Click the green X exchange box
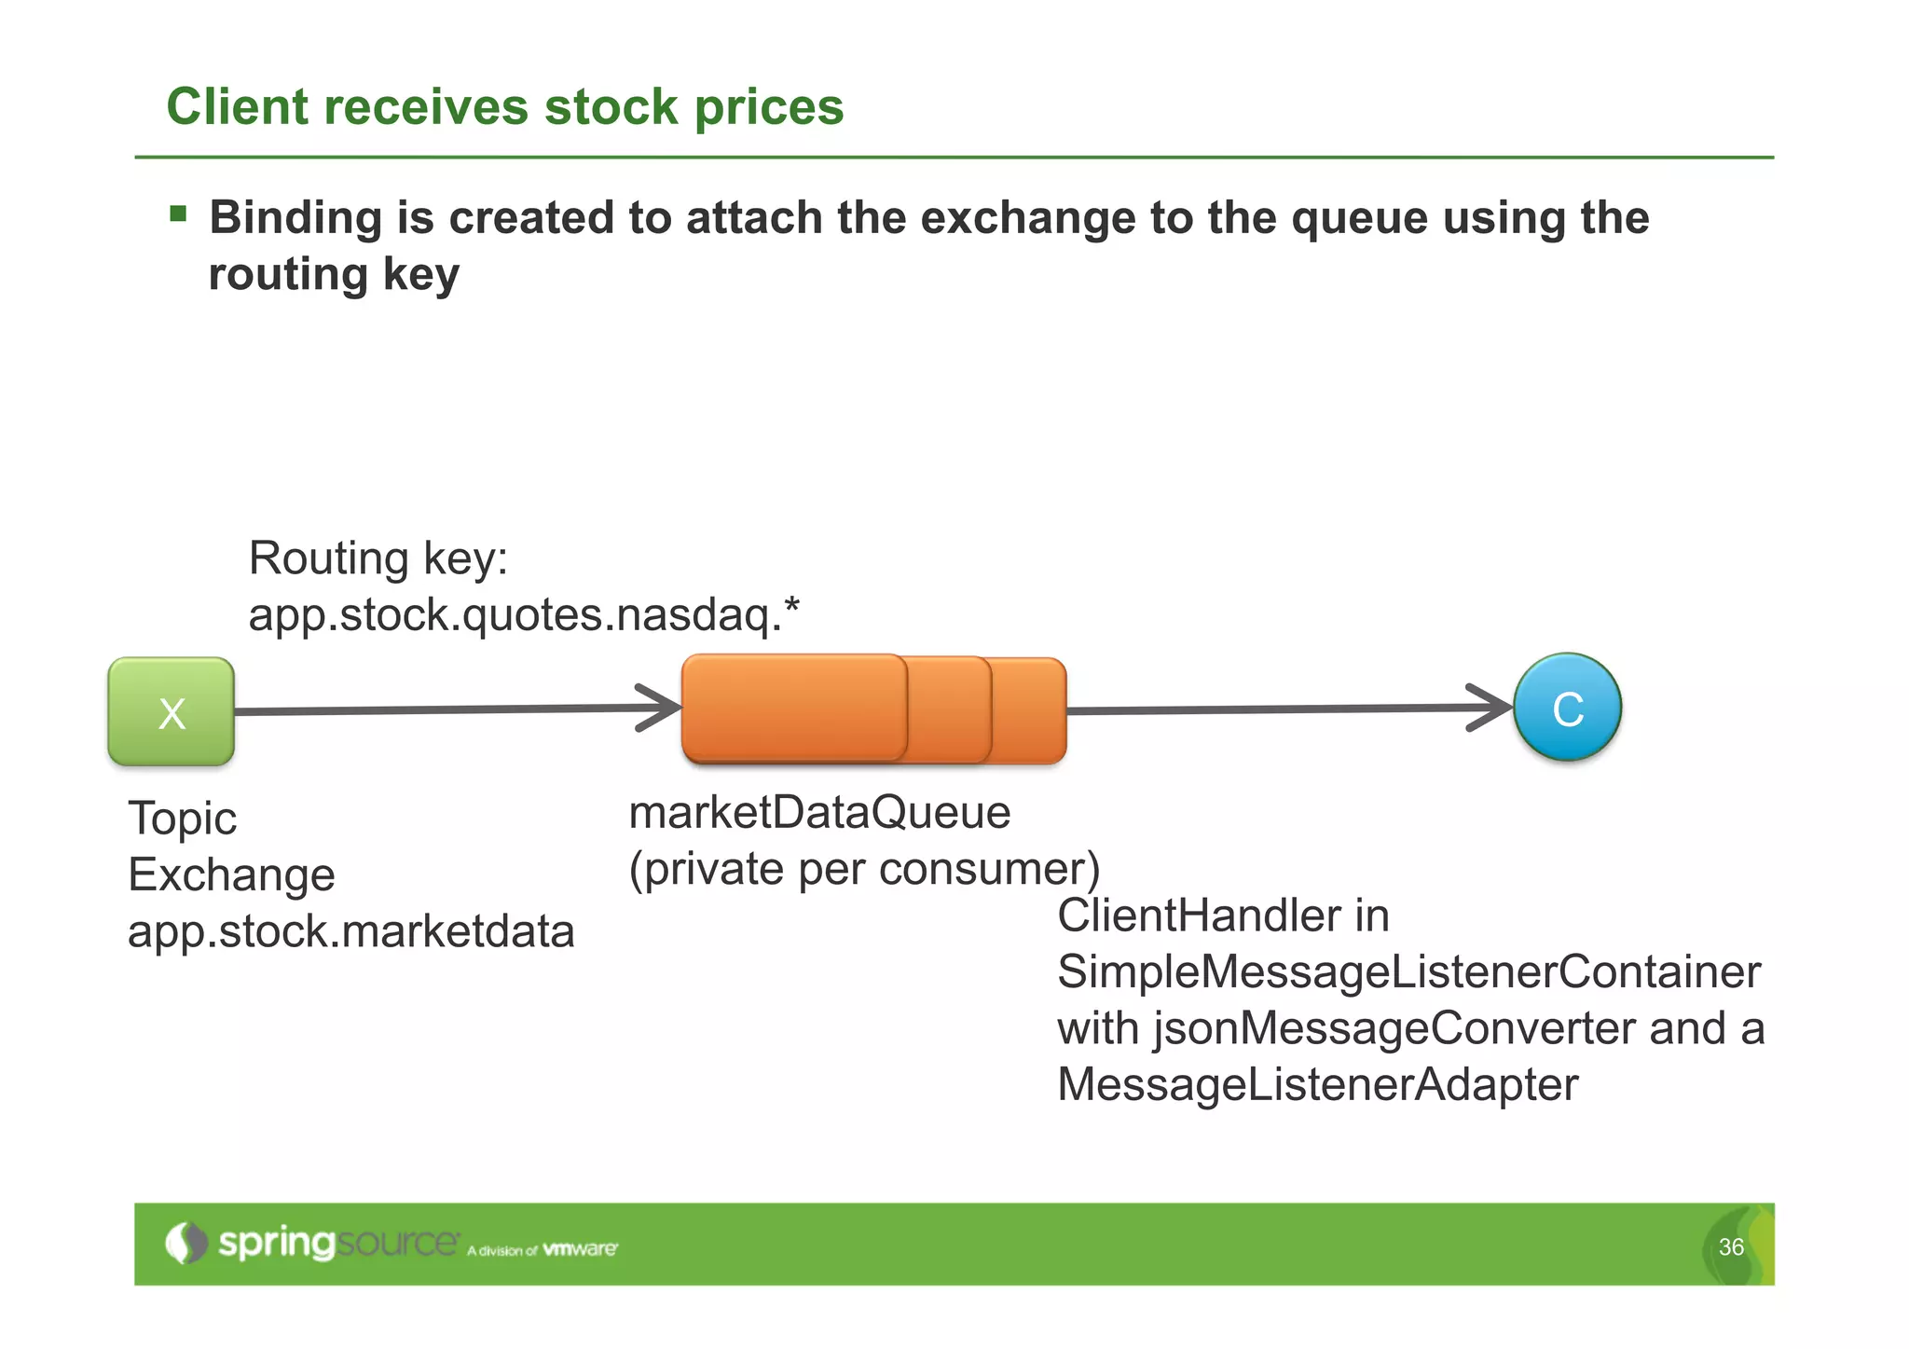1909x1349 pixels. (172, 712)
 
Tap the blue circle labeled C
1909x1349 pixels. (1567, 708)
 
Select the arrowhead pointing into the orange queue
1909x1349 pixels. (664, 709)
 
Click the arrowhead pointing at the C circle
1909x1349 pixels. (1493, 708)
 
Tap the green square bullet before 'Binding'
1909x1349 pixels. (178, 215)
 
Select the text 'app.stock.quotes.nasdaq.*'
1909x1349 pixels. (523, 615)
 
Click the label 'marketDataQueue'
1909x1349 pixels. (819, 812)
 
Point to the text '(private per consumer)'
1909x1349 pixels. (864, 869)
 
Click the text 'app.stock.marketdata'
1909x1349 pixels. (350, 931)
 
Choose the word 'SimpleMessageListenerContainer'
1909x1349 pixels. (1408, 972)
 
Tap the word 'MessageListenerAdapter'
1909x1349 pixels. (1317, 1085)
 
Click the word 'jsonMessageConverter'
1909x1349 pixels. (1394, 1028)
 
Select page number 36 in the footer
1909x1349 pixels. (1731, 1247)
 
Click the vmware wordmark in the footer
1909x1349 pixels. (580, 1249)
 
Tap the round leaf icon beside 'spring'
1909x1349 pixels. (185, 1243)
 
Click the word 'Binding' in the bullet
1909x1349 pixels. (295, 217)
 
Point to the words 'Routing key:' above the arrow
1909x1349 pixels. (378, 558)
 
